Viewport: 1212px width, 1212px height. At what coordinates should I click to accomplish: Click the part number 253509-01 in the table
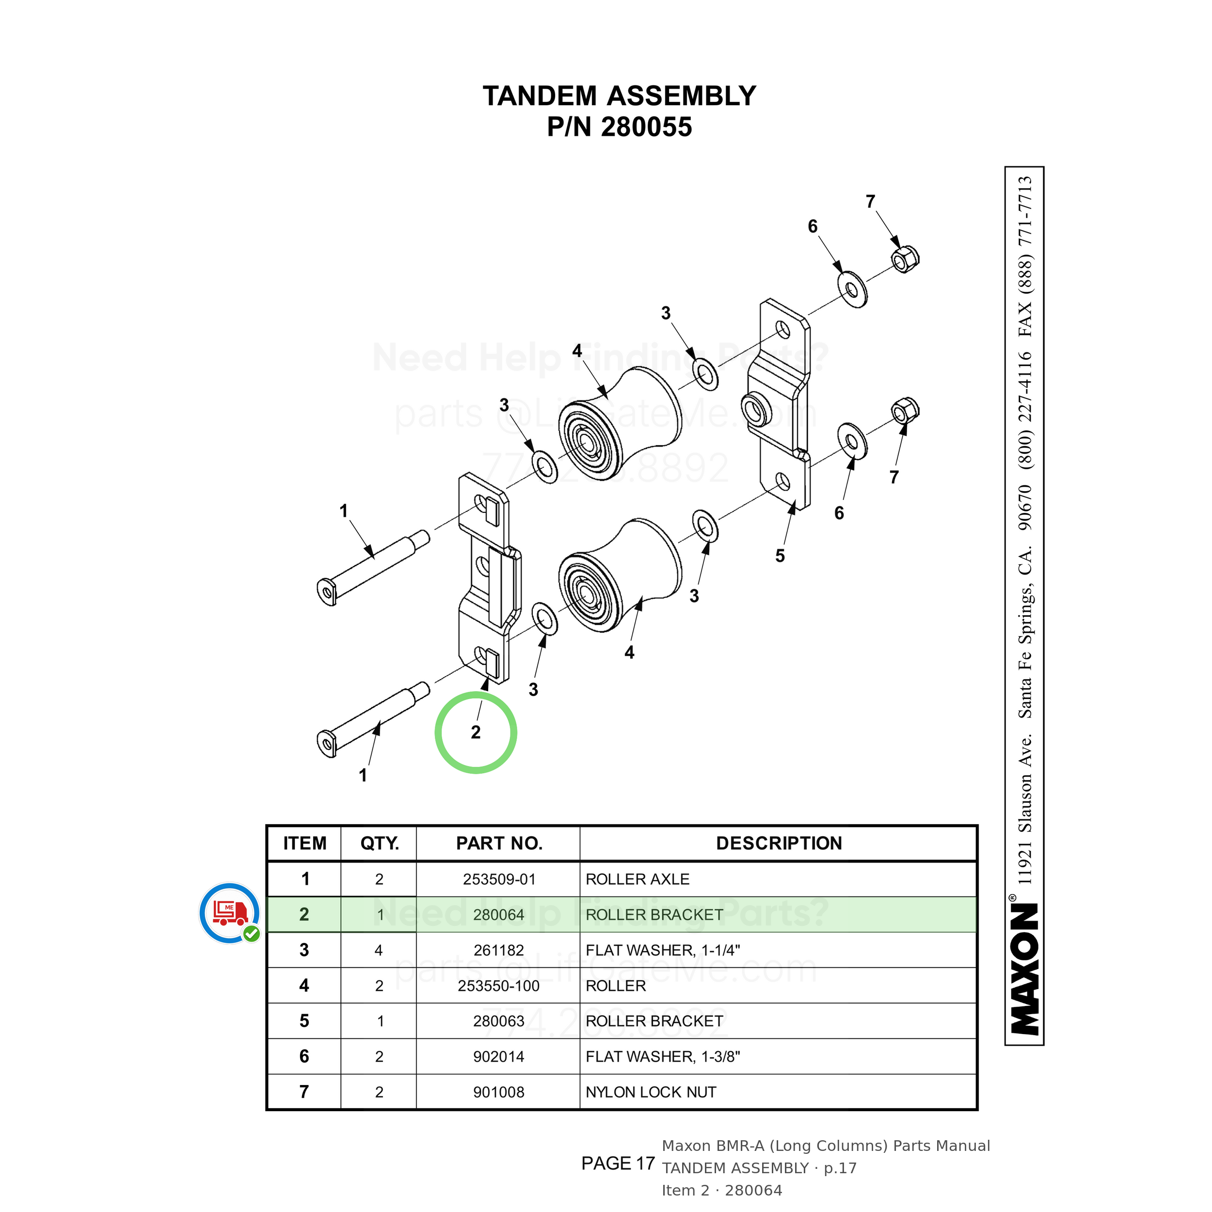pyautogui.click(x=499, y=879)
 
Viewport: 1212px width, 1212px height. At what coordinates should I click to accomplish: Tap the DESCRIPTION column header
pyautogui.click(x=779, y=843)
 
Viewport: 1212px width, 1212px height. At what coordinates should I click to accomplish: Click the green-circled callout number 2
pyautogui.click(x=476, y=732)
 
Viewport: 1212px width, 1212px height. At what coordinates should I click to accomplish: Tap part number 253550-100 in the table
pyautogui.click(x=499, y=986)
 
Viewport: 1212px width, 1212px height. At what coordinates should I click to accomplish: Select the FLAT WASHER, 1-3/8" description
pyautogui.click(x=662, y=1056)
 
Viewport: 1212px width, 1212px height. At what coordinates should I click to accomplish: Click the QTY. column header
pyautogui.click(x=380, y=843)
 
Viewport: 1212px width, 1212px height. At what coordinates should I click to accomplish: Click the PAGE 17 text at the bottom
pyautogui.click(x=618, y=1163)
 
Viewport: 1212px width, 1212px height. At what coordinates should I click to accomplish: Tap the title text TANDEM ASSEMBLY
pyautogui.click(x=619, y=96)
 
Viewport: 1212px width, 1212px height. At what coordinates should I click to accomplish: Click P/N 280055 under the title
pyautogui.click(x=619, y=127)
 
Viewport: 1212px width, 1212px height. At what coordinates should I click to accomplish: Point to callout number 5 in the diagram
pyautogui.click(x=780, y=556)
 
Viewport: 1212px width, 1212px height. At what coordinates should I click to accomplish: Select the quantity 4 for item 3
pyautogui.click(x=378, y=950)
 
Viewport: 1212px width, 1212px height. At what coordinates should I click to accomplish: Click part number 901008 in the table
pyautogui.click(x=499, y=1092)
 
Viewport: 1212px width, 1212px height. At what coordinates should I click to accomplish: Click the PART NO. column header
pyautogui.click(x=499, y=843)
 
